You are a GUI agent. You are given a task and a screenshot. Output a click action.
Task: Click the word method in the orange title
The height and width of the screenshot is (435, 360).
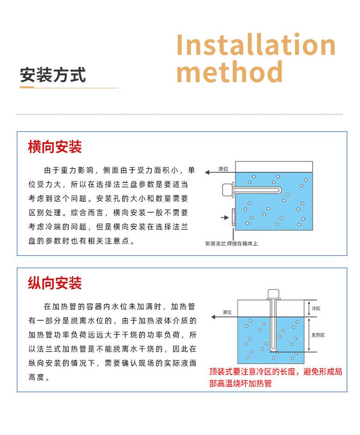[x=229, y=72]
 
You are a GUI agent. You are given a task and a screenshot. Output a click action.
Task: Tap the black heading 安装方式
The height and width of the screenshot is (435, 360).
[x=53, y=75]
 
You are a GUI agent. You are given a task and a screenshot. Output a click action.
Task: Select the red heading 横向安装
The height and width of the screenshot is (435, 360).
[x=55, y=147]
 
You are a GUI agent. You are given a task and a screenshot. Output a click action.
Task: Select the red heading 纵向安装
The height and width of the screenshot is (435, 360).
[x=55, y=283]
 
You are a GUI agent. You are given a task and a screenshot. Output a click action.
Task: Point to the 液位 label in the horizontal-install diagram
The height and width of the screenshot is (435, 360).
[x=223, y=169]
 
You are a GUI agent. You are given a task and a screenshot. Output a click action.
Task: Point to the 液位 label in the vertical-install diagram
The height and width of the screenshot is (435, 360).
[x=227, y=312]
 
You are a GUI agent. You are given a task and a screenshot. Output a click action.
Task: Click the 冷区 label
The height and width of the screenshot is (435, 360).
[x=316, y=309]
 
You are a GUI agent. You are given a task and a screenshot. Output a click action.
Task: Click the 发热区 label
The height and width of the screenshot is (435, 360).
[x=318, y=335]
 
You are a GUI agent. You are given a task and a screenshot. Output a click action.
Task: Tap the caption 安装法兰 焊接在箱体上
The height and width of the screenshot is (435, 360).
[x=231, y=243]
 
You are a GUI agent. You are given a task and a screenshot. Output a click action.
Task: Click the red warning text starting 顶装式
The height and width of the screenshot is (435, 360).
[x=276, y=377]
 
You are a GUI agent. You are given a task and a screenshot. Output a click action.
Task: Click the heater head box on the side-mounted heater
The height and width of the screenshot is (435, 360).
[x=227, y=190]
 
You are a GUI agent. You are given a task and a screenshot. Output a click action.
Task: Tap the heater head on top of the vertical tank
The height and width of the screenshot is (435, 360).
[x=273, y=294]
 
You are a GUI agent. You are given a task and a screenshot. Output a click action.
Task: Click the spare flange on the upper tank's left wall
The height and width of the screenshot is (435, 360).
[x=233, y=218]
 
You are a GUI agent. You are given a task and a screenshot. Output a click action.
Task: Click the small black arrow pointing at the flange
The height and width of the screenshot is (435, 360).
[x=225, y=217]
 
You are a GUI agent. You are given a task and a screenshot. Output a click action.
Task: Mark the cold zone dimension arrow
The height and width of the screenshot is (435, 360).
[x=309, y=309]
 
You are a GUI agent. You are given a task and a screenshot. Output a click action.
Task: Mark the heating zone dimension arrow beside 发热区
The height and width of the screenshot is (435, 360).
[x=309, y=335]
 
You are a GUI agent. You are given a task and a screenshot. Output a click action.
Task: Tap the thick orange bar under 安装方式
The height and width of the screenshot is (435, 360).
[x=27, y=88]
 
